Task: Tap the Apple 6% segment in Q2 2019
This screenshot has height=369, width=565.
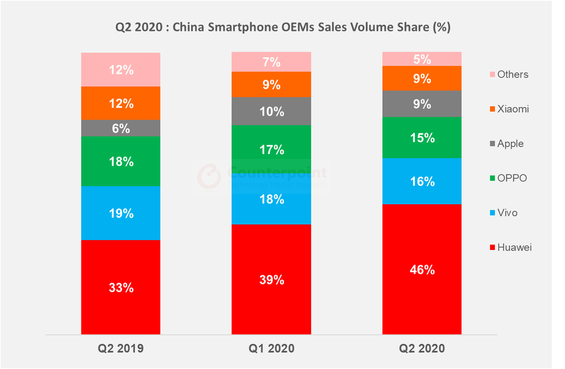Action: click(121, 128)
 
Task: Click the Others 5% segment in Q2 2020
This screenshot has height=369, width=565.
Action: click(421, 59)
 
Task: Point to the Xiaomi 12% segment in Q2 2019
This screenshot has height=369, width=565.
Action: click(121, 103)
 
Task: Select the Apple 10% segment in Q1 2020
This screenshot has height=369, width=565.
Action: click(271, 111)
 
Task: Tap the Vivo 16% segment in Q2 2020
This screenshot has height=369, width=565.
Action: click(421, 181)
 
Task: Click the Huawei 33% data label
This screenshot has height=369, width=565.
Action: click(121, 287)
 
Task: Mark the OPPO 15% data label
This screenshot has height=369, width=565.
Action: click(421, 138)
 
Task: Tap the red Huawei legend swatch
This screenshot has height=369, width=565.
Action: click(492, 248)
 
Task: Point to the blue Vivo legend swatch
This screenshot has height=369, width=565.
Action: click(492, 213)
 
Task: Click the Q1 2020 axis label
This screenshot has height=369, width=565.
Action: click(271, 349)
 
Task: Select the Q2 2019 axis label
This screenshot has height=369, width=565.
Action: click(121, 349)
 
